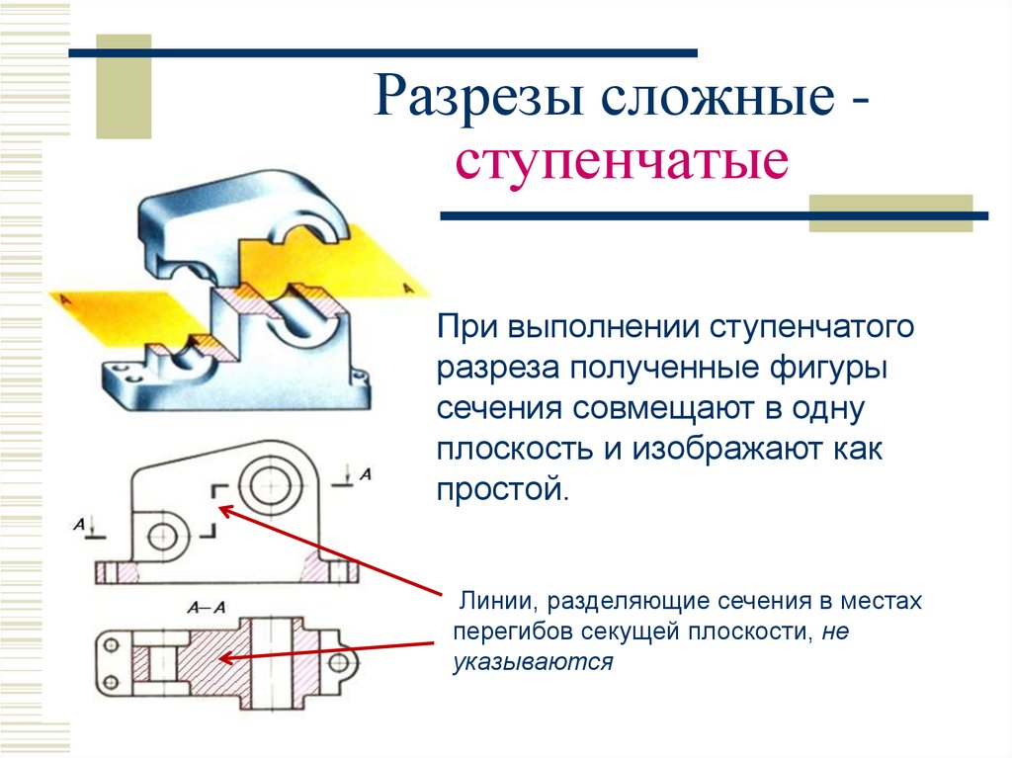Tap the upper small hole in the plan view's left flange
point(111,644)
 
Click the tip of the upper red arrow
point(219,508)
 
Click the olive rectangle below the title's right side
point(890,212)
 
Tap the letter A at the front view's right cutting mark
point(366,474)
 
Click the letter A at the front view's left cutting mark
point(79,525)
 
